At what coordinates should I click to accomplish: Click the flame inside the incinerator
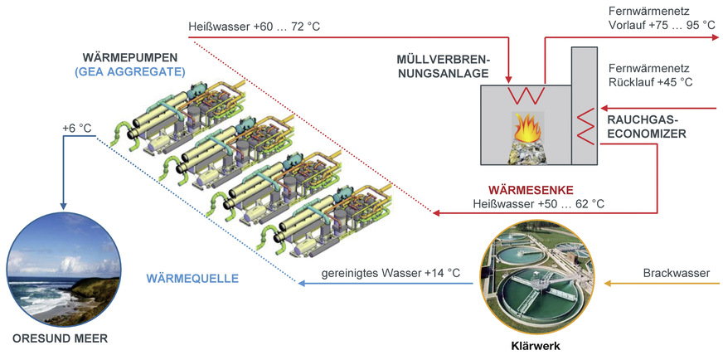[x=526, y=128]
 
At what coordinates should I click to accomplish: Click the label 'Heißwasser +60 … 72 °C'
[x=254, y=27]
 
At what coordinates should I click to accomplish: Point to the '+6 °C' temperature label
[x=76, y=129]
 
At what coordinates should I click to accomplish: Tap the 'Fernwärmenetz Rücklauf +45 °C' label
[x=650, y=75]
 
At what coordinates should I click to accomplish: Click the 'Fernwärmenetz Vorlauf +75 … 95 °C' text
[x=661, y=18]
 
